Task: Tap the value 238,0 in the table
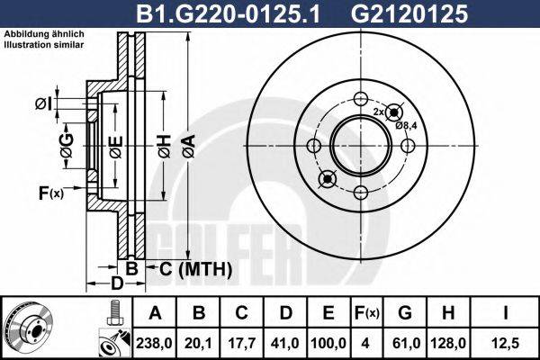tap(155, 342)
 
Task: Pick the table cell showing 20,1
tap(199, 342)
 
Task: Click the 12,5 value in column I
tap(508, 342)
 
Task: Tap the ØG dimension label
tap(67, 143)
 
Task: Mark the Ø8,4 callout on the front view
tap(406, 126)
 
